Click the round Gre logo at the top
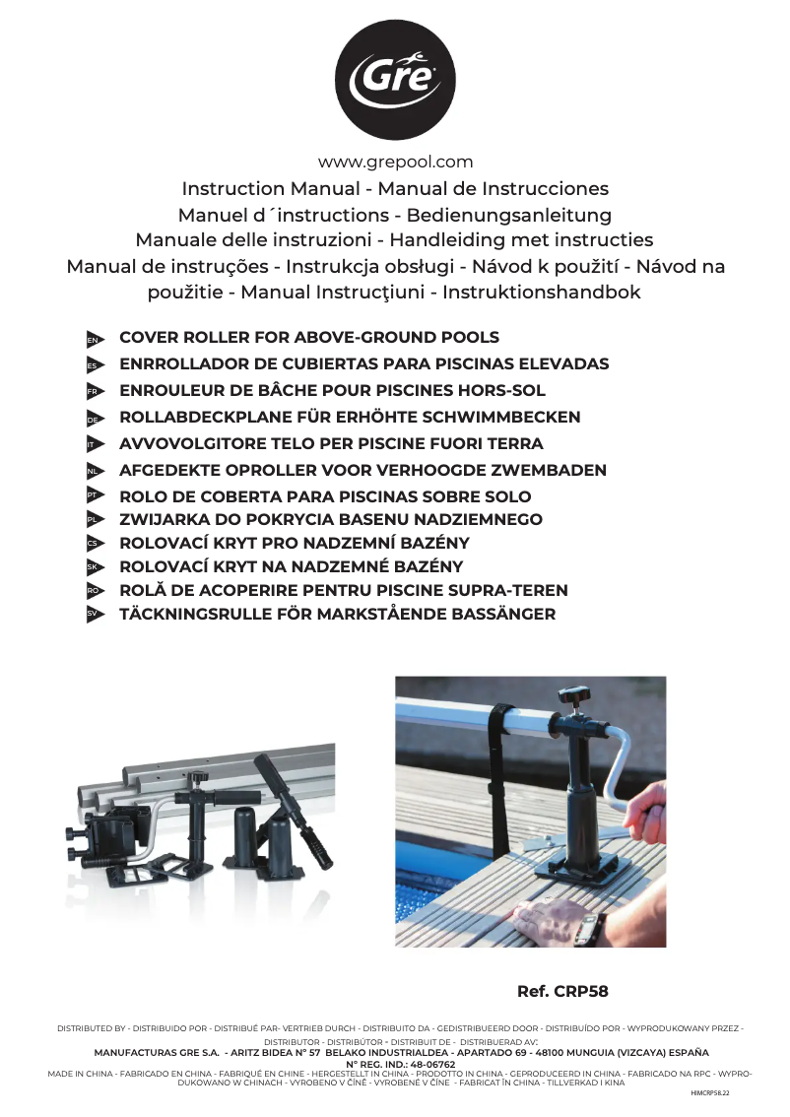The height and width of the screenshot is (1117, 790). pyautogui.click(x=395, y=80)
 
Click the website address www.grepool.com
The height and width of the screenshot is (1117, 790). pyautogui.click(x=395, y=163)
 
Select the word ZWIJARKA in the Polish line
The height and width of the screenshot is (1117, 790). pyautogui.click(x=159, y=520)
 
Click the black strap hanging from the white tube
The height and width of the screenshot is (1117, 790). pyautogui.click(x=500, y=778)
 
